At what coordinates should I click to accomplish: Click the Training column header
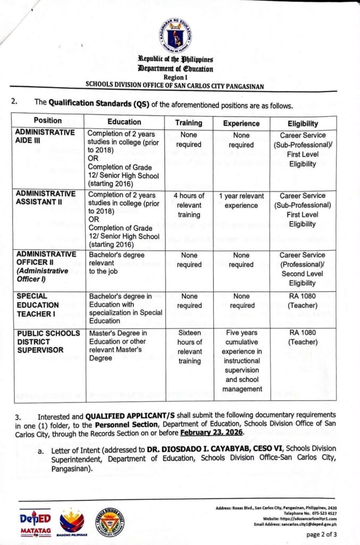tap(189, 122)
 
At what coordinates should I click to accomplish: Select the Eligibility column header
tap(303, 122)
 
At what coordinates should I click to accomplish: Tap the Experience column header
tap(241, 122)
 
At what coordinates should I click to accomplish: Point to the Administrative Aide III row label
tap(45, 136)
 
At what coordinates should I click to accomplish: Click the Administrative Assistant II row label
tap(45, 197)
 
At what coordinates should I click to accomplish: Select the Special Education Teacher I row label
tap(37, 305)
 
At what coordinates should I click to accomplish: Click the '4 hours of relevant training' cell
tap(189, 205)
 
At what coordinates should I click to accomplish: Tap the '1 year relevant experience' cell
tap(241, 201)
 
